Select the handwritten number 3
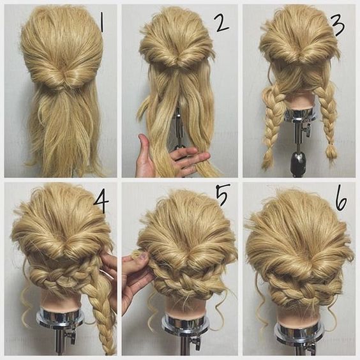(x=338, y=24)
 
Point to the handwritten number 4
(x=101, y=202)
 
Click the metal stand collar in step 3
(x=299, y=116)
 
